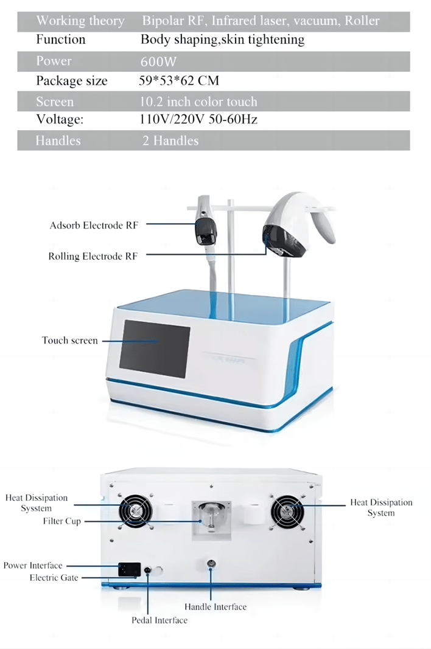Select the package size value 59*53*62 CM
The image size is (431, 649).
[x=179, y=81]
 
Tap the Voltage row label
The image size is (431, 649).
[x=60, y=119]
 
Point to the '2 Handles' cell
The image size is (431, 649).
[x=170, y=141]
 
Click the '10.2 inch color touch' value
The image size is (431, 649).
[x=198, y=102]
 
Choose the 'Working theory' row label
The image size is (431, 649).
[x=80, y=21]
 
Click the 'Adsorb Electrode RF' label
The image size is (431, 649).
[x=94, y=226]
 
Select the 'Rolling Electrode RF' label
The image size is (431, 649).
[x=93, y=256]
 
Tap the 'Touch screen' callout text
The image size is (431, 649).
[x=69, y=340]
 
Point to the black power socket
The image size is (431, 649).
[x=128, y=570]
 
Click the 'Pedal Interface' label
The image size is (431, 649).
[x=159, y=620]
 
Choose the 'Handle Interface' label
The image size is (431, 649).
[x=215, y=606]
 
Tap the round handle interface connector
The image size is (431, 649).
[x=211, y=564]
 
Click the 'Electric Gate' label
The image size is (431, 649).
[x=54, y=577]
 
